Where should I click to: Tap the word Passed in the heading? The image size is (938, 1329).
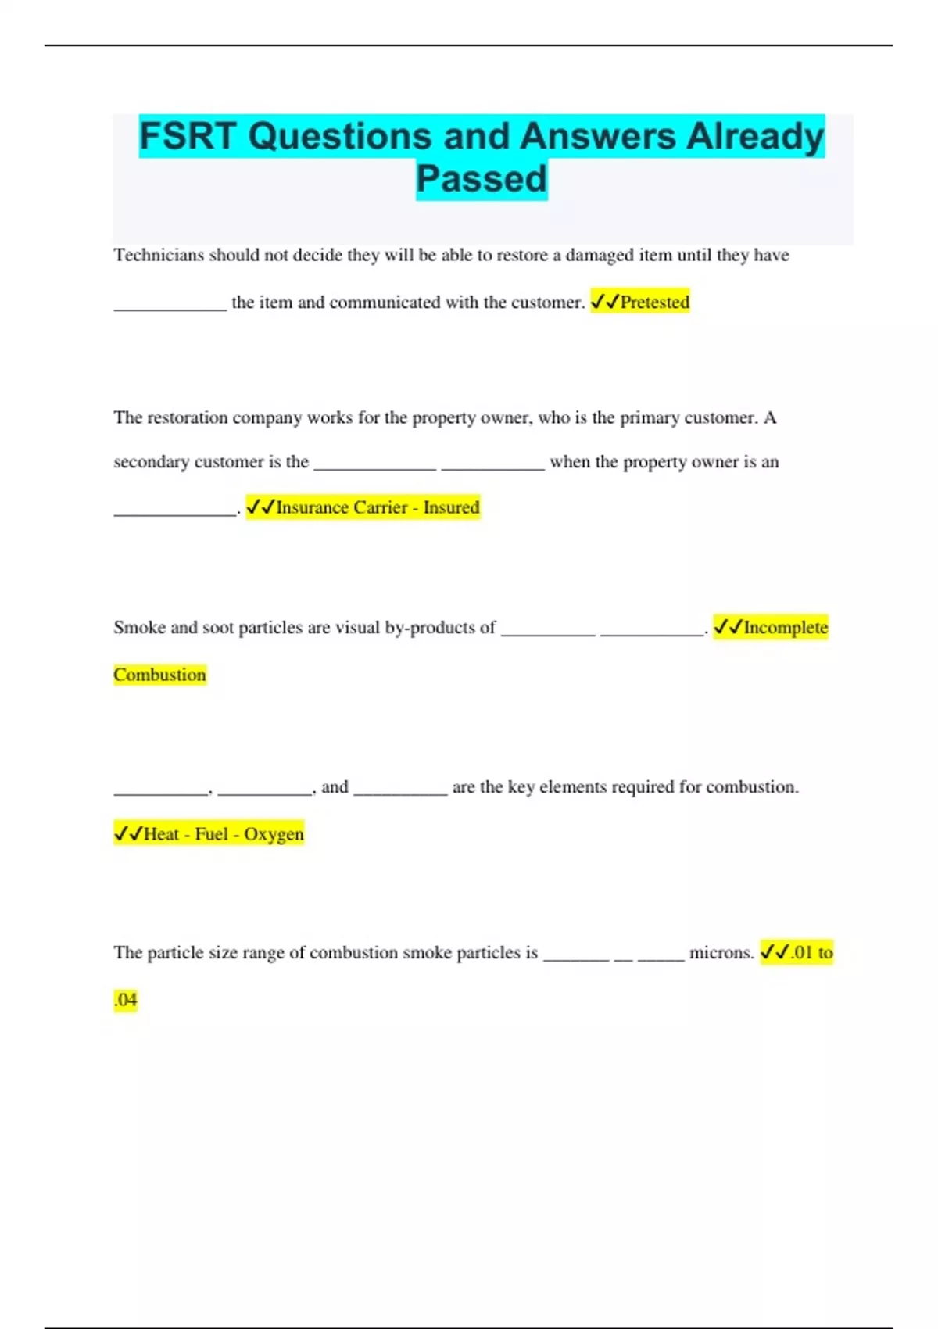(x=482, y=179)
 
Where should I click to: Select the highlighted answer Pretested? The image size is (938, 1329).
(x=654, y=303)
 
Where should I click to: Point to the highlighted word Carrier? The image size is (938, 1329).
(x=380, y=507)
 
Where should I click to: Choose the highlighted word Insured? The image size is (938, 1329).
(x=451, y=507)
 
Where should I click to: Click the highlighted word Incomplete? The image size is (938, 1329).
(x=785, y=628)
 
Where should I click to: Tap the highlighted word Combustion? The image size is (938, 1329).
(x=159, y=675)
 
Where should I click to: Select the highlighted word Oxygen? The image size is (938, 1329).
(x=274, y=834)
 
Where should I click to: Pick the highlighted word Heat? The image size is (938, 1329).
(x=161, y=834)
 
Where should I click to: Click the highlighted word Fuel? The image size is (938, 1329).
(x=211, y=834)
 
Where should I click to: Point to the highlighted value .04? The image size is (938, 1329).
(x=125, y=1000)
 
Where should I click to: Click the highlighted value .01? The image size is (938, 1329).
(x=801, y=953)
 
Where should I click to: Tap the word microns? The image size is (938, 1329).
(x=721, y=953)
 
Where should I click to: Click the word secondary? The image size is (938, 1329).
(x=151, y=462)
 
